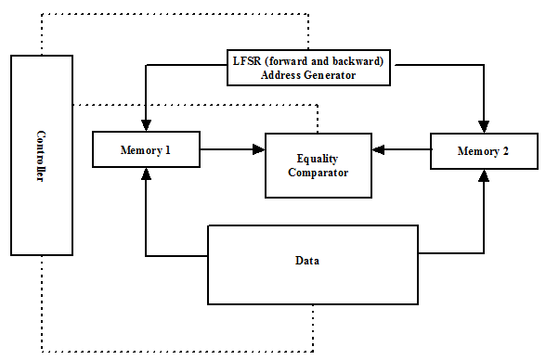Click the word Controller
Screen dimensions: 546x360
point(41,156)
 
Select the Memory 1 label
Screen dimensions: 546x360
point(145,150)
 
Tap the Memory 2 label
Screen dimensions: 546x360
point(483,151)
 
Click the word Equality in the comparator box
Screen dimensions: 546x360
point(318,159)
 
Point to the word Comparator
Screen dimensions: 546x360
point(318,173)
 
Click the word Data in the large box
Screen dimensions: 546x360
point(307,261)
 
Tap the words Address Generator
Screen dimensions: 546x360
point(308,75)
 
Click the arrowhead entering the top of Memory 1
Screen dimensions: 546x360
point(147,125)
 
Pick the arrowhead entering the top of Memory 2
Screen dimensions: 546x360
point(484,126)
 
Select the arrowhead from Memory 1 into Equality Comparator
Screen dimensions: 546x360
point(259,149)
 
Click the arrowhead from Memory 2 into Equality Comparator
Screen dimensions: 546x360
point(378,149)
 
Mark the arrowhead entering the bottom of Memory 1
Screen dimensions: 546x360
point(147,174)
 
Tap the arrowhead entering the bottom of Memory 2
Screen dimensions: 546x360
point(484,175)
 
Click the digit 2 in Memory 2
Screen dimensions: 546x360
point(505,150)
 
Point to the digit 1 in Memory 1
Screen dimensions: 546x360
point(167,150)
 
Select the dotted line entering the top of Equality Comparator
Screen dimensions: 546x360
point(318,119)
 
